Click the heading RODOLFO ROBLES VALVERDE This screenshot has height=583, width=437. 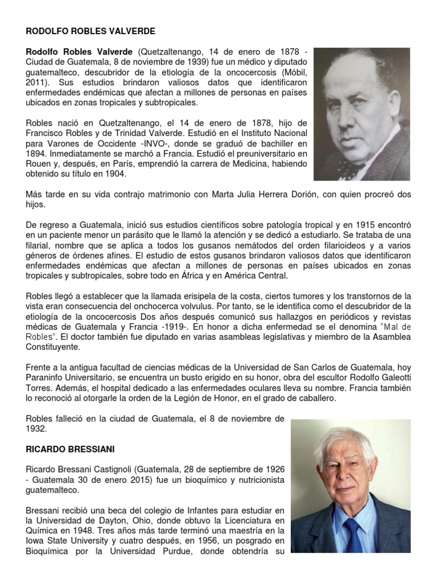click(x=90, y=31)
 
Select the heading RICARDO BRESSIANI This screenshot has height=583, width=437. click(x=71, y=449)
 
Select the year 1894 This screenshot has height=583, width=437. click(x=36, y=154)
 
